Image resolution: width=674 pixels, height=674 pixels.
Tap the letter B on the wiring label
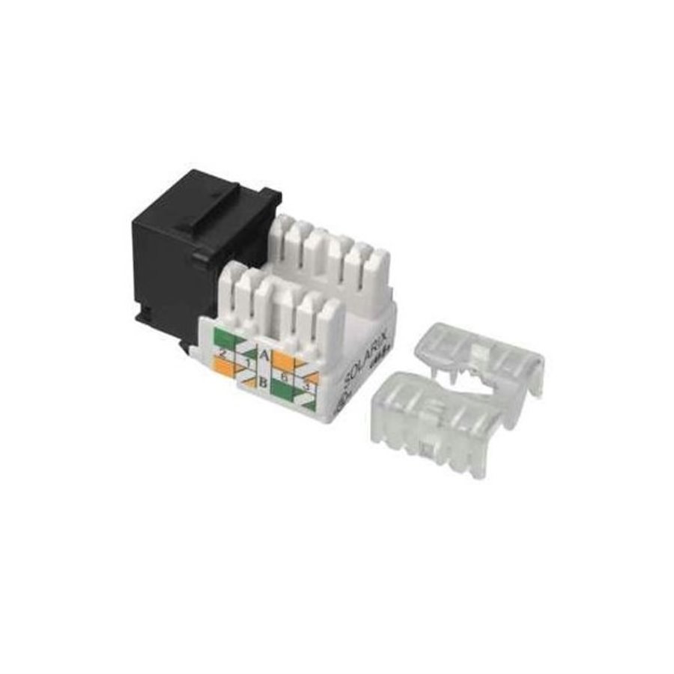pos(264,383)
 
